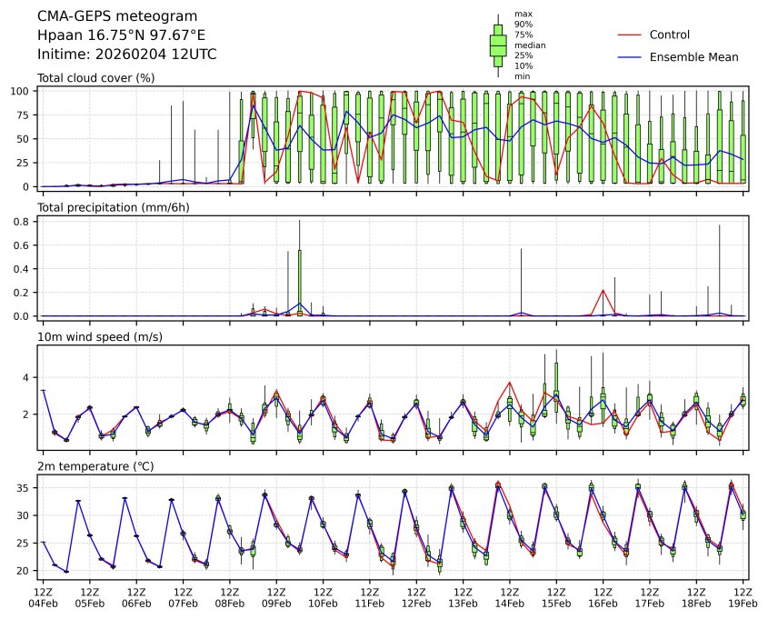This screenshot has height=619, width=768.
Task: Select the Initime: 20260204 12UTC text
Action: pos(126,55)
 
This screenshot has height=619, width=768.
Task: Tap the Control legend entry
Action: pos(669,35)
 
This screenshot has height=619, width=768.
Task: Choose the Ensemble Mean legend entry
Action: pos(693,56)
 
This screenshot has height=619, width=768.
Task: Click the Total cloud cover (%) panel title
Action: pos(95,78)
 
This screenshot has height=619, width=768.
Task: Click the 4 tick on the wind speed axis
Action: pos(29,377)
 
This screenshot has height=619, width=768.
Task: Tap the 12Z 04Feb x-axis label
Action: pos(43,596)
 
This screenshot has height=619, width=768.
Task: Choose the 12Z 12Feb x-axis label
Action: pos(416,596)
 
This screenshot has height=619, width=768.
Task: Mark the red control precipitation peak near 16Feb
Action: pos(603,291)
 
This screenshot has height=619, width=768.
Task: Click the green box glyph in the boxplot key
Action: pos(498,45)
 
